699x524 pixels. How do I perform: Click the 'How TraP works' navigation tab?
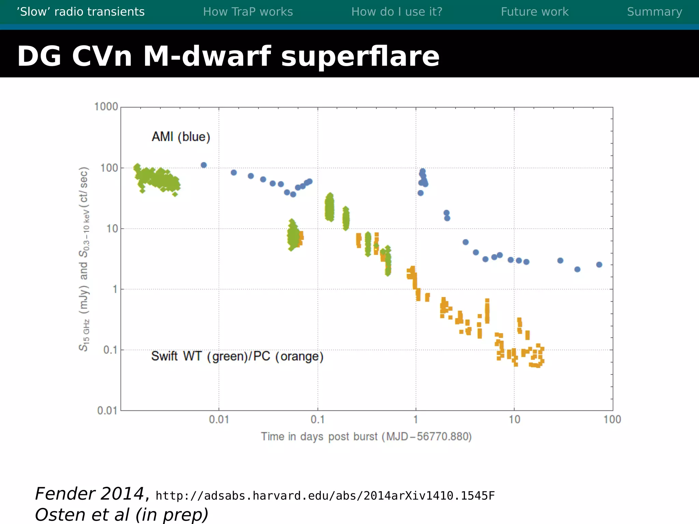248,12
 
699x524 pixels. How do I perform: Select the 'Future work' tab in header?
534,12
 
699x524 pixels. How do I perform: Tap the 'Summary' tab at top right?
654,12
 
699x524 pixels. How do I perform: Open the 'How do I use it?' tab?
397,12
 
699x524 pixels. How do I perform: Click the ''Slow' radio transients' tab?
81,12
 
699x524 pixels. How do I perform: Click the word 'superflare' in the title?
360,57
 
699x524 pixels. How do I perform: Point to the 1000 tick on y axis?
106,107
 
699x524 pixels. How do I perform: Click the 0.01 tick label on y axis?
107,410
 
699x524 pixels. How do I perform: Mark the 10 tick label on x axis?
514,420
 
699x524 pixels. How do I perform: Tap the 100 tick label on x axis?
612,420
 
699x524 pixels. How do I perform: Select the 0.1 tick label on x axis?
317,420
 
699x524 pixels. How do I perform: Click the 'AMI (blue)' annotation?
181,137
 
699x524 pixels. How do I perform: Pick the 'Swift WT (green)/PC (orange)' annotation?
237,356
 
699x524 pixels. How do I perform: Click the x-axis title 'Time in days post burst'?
366,437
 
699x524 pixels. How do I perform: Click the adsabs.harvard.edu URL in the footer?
325,496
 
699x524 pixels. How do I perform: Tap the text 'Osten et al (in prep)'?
122,515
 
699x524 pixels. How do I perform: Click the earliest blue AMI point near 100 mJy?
204,165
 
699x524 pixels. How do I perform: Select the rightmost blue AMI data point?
599,265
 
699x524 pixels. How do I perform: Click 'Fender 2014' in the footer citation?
90,494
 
